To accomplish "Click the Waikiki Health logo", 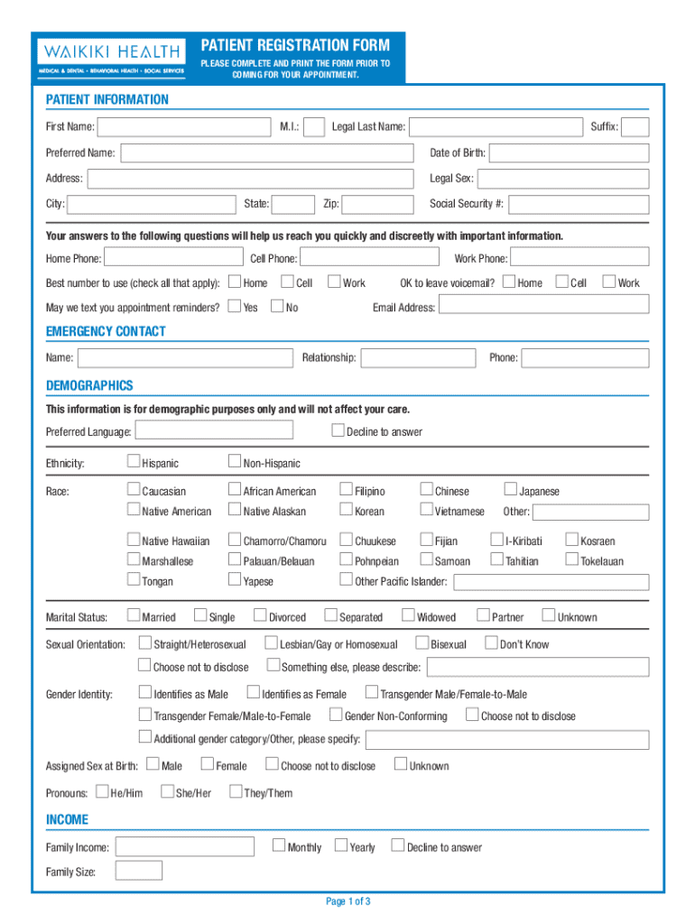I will [x=109, y=56].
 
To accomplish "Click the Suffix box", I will [x=635, y=127].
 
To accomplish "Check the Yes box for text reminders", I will [x=235, y=307].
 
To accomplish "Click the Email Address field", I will [x=544, y=307].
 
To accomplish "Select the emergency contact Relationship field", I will [x=417, y=358].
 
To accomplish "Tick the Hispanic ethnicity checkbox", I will [x=134, y=463].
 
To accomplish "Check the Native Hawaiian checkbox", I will [x=134, y=541].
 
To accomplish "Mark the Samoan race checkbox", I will [x=426, y=560].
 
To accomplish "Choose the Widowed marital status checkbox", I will [x=408, y=616].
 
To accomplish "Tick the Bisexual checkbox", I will [x=422, y=643].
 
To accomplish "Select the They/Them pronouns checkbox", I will [x=235, y=792].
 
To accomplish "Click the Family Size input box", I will [x=139, y=871].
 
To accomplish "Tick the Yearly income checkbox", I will [x=341, y=845].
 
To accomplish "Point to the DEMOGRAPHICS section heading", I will [x=89, y=386].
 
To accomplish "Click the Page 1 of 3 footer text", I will [x=347, y=901].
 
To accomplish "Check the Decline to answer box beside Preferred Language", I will [x=338, y=430].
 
